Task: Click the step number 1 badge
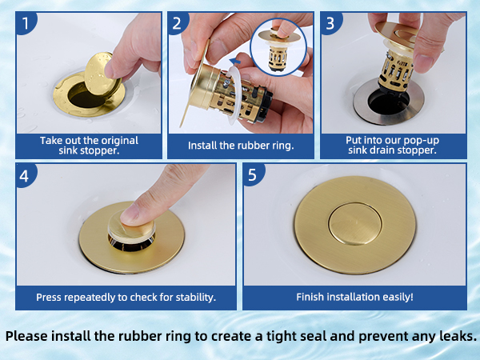coord(26,23)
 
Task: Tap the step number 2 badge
coord(178,23)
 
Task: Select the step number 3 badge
coord(330,23)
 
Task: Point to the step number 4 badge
coord(26,175)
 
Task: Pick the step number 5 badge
coord(253,174)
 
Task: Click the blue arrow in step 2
coord(235,62)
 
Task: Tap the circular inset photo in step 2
coord(278,47)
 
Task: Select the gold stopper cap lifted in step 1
coord(98,75)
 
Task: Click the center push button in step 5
coord(355,223)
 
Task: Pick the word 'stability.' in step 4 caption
coord(195,298)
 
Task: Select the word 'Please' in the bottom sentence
coord(26,336)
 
